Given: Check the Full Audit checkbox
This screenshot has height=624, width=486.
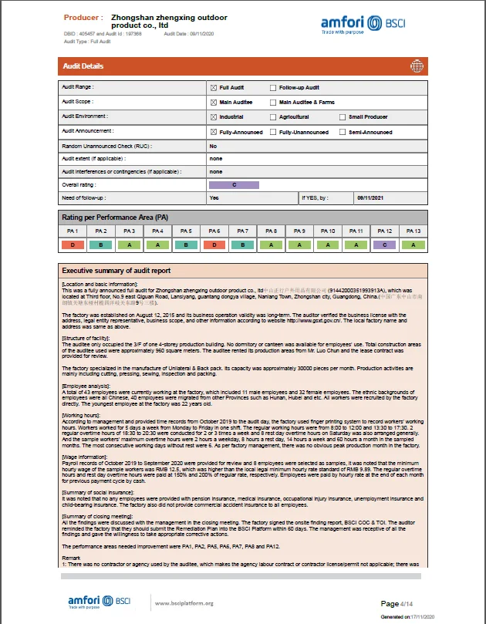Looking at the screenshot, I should pos(214,88).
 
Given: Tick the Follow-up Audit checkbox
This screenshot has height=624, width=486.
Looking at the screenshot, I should pos(272,88).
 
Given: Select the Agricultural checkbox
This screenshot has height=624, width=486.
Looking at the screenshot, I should pos(272,117).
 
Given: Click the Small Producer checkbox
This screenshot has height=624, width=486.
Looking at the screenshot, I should pos(343,117).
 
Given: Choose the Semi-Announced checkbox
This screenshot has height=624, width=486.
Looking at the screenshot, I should pos(343,132).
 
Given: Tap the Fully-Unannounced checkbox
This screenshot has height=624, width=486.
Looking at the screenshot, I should pos(272,132).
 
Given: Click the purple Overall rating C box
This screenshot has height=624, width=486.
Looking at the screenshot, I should pos(235,185).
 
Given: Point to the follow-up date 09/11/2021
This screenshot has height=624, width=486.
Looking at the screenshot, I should pos(370,198).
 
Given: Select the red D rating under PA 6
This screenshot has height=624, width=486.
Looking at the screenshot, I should pos(214,245).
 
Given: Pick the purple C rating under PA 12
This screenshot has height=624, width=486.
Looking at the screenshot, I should pos(383,245).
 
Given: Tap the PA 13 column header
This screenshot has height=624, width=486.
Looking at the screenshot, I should pos(412,231).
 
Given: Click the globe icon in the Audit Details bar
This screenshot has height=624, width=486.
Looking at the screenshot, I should pos(418,66).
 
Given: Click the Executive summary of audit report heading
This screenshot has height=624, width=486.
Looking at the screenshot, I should pos(116,271).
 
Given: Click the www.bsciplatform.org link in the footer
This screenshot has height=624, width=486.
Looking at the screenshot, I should pos(184,603).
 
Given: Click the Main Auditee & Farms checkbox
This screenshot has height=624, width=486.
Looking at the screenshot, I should pos(272,103).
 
